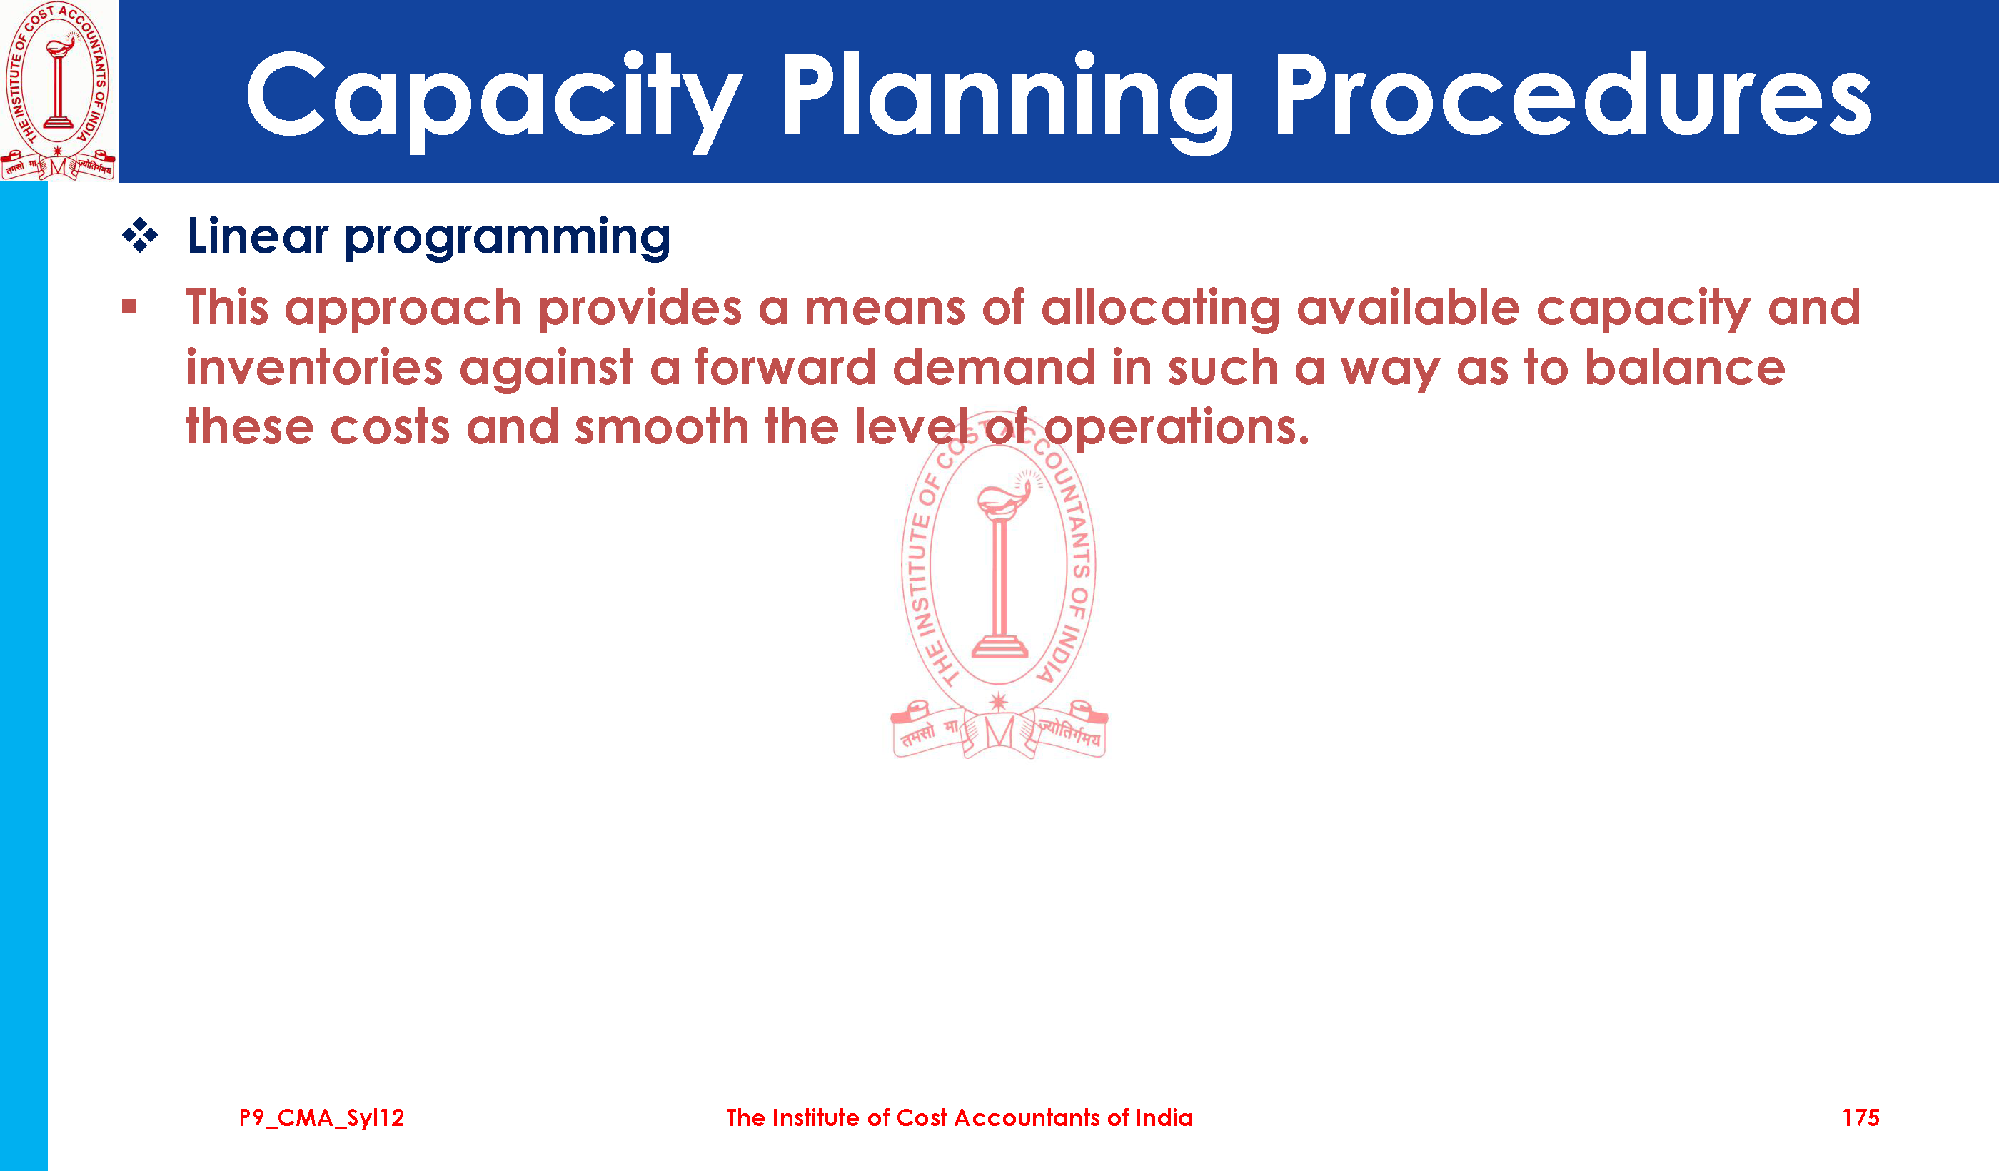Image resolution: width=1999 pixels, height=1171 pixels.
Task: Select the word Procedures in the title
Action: tap(1573, 95)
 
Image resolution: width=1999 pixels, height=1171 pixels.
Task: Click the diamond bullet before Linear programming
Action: tap(141, 236)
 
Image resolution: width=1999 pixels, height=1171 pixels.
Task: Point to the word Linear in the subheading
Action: tap(258, 236)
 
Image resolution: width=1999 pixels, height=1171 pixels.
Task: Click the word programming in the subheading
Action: tap(508, 238)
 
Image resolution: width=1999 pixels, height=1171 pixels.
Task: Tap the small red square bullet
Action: tap(129, 307)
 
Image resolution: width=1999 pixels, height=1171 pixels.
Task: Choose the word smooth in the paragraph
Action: tap(662, 427)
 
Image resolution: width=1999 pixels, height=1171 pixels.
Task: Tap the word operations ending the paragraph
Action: tap(1177, 428)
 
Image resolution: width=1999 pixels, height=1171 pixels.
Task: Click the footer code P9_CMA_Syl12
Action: tap(321, 1118)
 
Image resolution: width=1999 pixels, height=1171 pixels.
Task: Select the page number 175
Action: tap(1860, 1118)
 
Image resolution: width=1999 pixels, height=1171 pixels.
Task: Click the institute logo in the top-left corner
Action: tap(59, 91)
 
